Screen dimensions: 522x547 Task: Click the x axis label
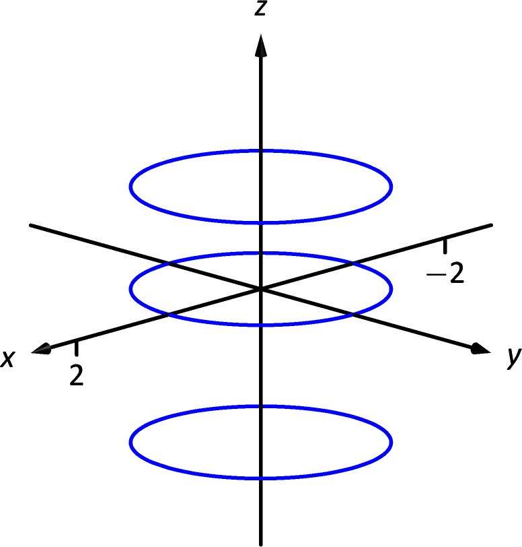tap(8, 358)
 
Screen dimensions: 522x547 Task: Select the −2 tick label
tap(446, 274)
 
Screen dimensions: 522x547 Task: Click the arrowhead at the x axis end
tap(43, 348)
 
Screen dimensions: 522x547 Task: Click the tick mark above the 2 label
tap(77, 348)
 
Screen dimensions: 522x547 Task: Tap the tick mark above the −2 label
tap(445, 245)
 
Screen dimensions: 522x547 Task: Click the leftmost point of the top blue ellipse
tap(130, 187)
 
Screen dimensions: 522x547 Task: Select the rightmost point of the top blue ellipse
tap(391, 187)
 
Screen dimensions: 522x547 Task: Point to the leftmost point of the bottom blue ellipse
tap(130, 443)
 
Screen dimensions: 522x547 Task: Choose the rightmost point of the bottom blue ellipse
tap(391, 443)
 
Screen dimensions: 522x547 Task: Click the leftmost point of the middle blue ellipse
tap(130, 289)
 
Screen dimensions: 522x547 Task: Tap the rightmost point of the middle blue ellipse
tap(391, 289)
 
